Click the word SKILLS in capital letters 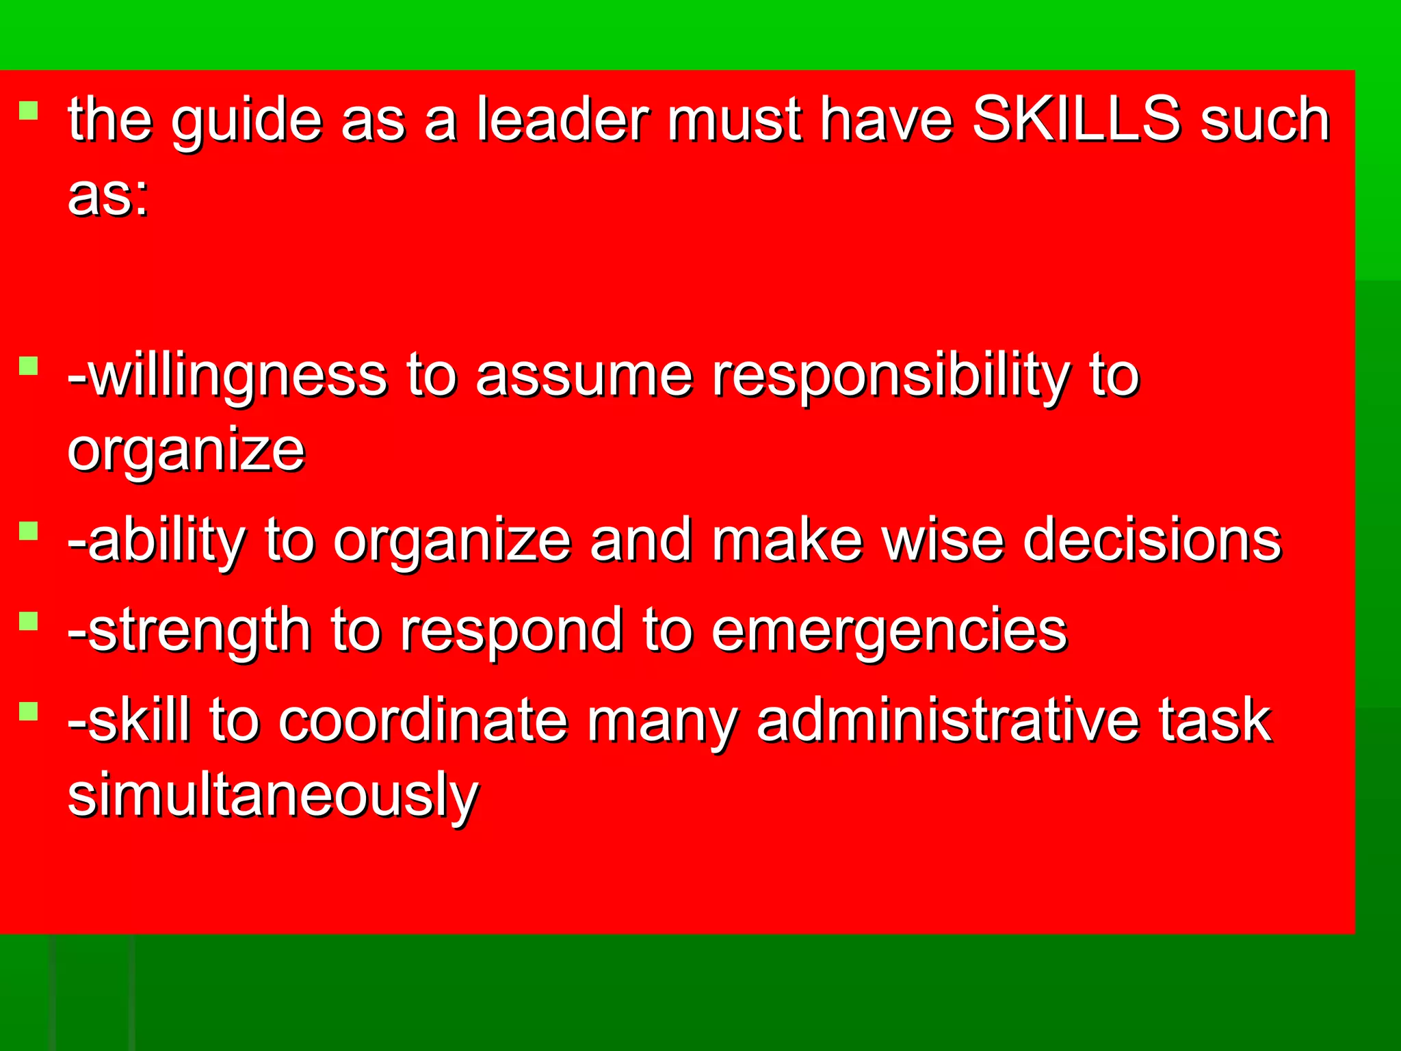pyautogui.click(x=1076, y=120)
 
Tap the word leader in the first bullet pyautogui.click(x=562, y=120)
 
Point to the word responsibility pyautogui.click(x=890, y=376)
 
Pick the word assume pyautogui.click(x=584, y=376)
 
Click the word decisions pyautogui.click(x=1152, y=541)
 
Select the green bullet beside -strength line pyautogui.click(x=28, y=621)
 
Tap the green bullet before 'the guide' pyautogui.click(x=28, y=110)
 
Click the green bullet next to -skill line pyautogui.click(x=28, y=711)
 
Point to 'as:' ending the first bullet pyautogui.click(x=108, y=196)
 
